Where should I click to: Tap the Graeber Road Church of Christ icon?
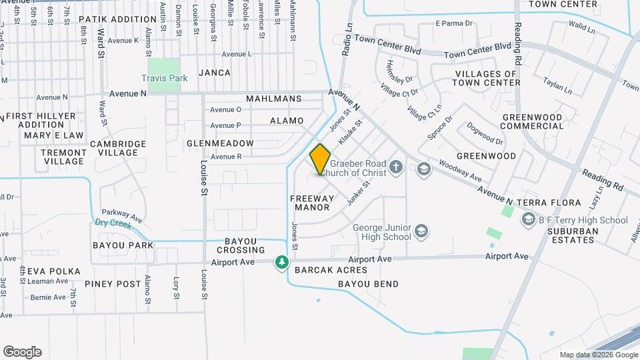tap(396, 167)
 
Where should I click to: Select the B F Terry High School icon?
tap(529, 219)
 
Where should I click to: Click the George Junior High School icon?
tap(421, 231)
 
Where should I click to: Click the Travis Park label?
tap(164, 78)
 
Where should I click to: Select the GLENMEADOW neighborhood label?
tap(220, 143)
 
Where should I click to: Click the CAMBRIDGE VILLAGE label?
tap(118, 148)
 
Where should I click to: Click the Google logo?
tap(22, 351)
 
